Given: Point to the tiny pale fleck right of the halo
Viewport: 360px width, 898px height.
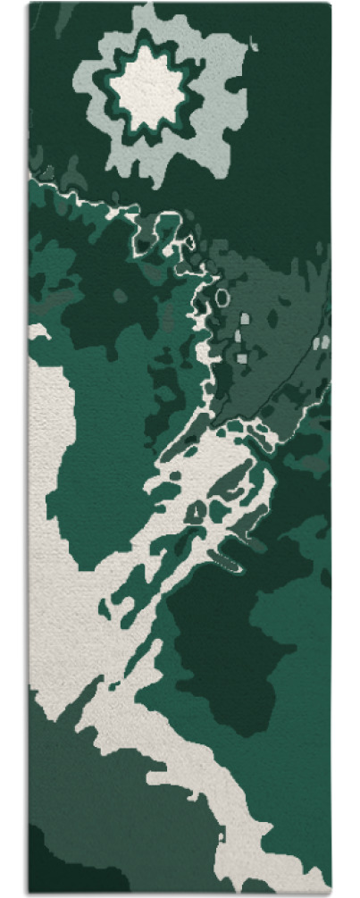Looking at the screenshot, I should [x=256, y=41].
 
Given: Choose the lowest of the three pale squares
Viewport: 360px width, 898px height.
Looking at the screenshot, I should [x=241, y=358].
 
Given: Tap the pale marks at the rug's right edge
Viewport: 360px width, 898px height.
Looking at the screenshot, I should [x=323, y=341].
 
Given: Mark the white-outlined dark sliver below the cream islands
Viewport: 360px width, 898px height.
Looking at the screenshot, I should [x=227, y=562].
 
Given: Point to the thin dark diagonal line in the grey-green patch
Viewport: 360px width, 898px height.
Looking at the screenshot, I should [x=277, y=384].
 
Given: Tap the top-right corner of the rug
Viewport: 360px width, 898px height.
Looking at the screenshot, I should [x=329, y=5].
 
